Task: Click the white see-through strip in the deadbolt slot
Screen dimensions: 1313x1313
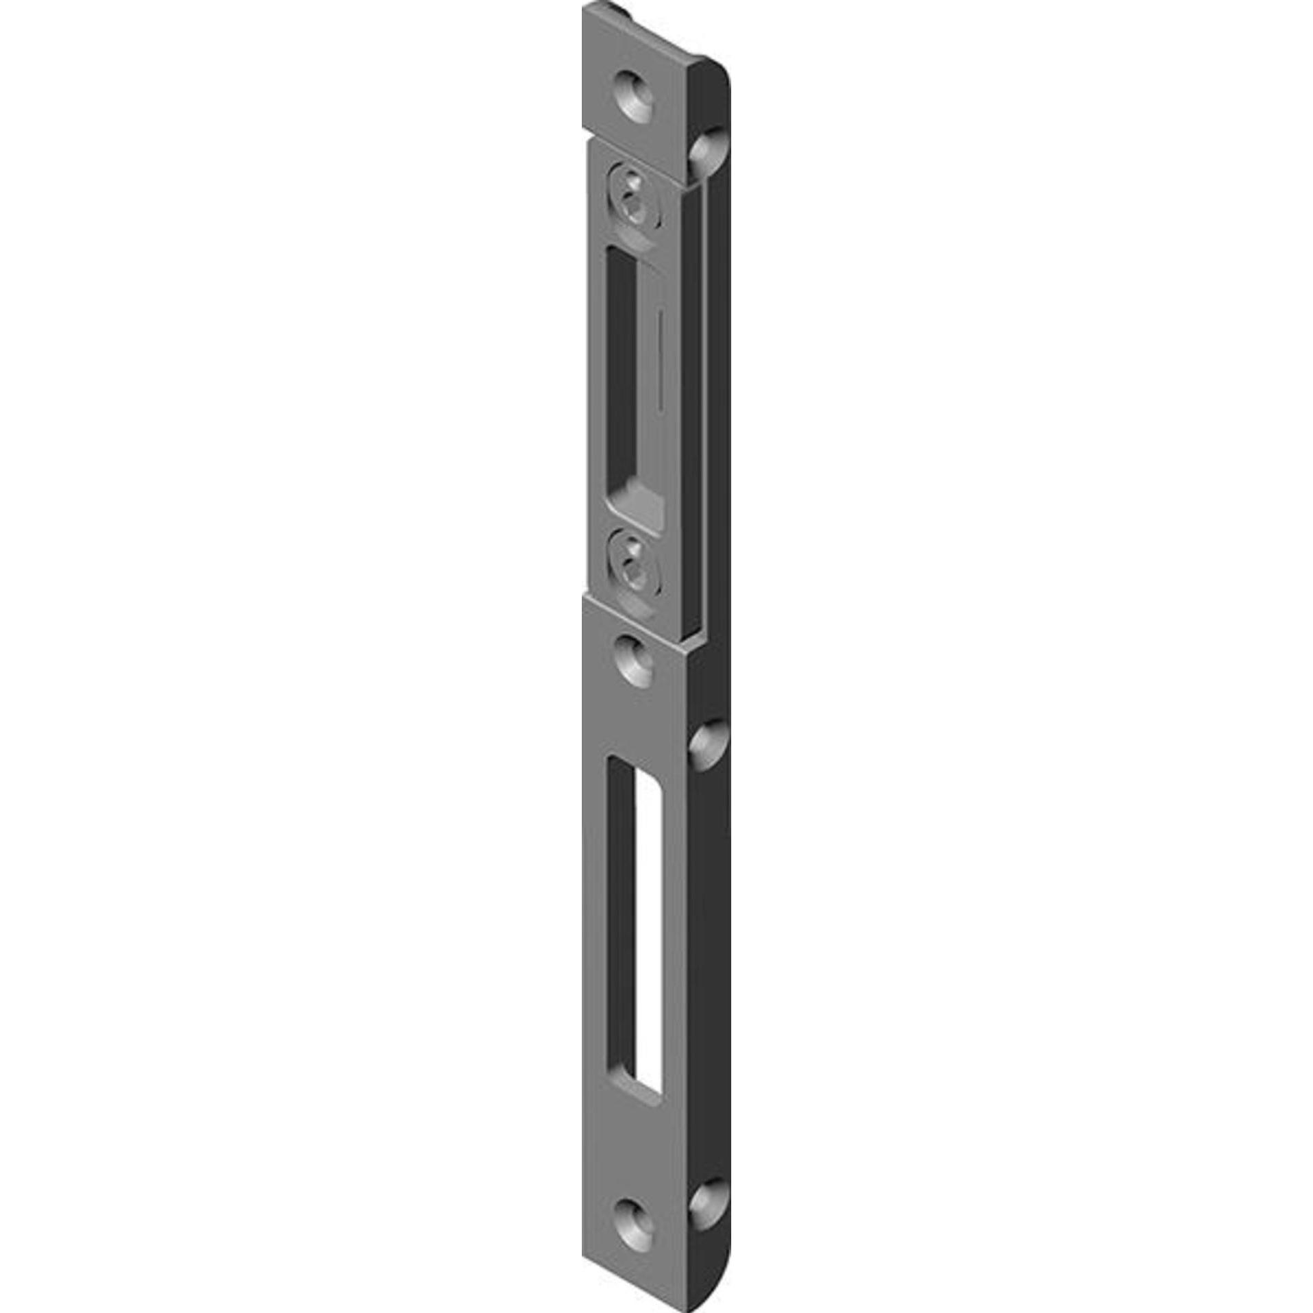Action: (x=648, y=932)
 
